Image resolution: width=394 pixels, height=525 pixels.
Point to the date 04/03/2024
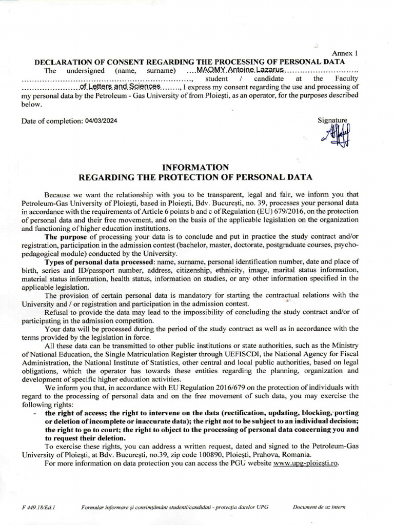click(x=102, y=121)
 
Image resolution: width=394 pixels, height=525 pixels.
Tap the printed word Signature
click(x=332, y=120)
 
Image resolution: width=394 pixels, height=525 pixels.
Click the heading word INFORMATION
click(x=195, y=167)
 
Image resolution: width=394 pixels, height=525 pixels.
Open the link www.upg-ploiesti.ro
click(x=306, y=463)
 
